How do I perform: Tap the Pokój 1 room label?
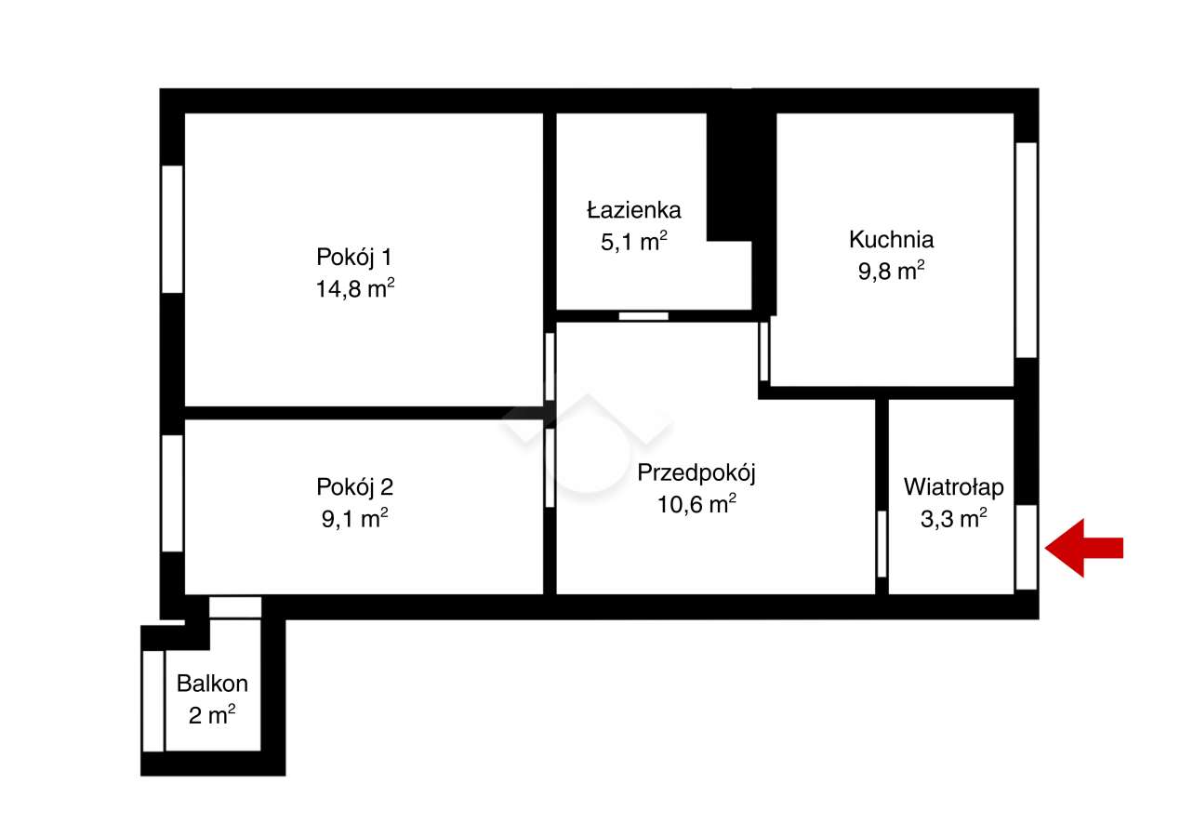(x=353, y=257)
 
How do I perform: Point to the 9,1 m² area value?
(x=354, y=518)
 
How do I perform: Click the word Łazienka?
(x=633, y=209)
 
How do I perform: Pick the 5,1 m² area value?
(x=634, y=242)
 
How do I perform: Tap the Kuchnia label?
(x=891, y=239)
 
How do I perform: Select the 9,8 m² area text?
(x=891, y=271)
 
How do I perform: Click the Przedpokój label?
(x=696, y=472)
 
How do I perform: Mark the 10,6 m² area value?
(x=696, y=504)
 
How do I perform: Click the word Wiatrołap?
(x=953, y=486)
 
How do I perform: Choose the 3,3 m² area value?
(x=953, y=518)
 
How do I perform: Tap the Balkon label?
(x=212, y=684)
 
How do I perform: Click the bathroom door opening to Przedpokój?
(x=643, y=316)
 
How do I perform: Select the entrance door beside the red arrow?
(x=1026, y=547)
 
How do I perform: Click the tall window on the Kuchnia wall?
(x=1026, y=249)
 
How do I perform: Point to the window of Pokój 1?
(x=172, y=229)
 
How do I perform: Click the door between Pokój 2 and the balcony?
(x=235, y=607)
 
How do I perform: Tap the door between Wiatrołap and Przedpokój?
(x=882, y=544)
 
